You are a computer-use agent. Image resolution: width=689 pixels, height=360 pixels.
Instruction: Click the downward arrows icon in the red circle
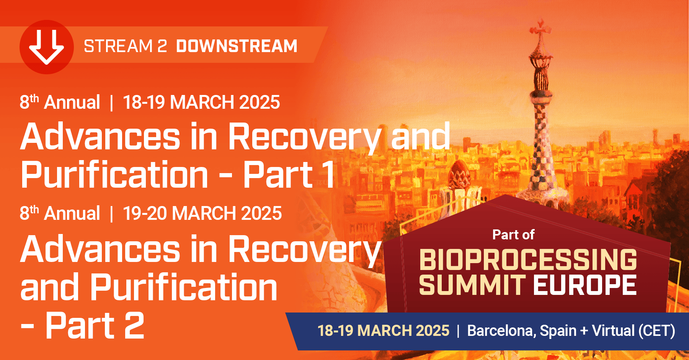coord(47,47)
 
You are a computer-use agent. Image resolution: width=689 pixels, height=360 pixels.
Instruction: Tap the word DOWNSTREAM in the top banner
coord(237,46)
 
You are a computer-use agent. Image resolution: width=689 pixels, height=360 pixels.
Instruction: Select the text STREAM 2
coord(125,46)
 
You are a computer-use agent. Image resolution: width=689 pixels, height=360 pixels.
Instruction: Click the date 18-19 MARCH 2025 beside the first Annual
coord(201,103)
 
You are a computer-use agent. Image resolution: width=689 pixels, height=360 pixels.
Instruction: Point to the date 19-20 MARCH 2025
coord(202,213)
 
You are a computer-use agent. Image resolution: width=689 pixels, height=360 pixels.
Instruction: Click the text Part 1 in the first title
coord(289,175)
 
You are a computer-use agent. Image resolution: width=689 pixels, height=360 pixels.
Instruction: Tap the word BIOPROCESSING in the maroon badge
coord(528,260)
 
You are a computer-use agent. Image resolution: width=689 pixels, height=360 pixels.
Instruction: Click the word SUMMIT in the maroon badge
coord(472,285)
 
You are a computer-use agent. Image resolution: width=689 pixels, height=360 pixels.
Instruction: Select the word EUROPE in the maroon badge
coord(585,285)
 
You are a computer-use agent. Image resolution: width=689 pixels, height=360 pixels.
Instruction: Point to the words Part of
coord(513,235)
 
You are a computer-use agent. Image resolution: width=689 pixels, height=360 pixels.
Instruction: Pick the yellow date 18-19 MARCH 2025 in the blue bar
coord(383,331)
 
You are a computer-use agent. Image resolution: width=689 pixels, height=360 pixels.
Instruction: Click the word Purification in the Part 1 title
coord(114,175)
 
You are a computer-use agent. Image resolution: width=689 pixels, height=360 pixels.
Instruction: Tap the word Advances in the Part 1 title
coord(100,137)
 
